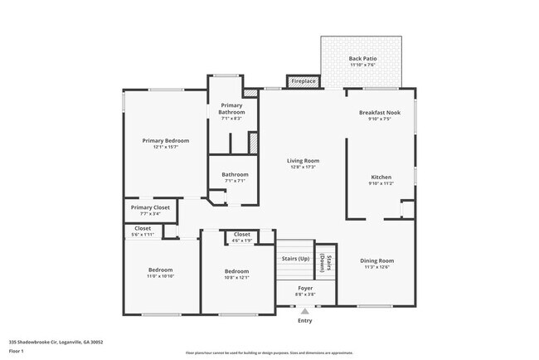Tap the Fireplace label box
[x=303, y=80]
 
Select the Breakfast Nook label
[x=380, y=112]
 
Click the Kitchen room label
[x=381, y=177]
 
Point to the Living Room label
[x=303, y=161]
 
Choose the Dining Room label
[x=377, y=260]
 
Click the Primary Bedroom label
[x=165, y=141]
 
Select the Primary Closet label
[x=150, y=207]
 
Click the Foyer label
[x=304, y=288]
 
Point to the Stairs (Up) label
[x=295, y=259]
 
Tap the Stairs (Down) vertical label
[x=326, y=263]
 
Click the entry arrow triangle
[x=304, y=309]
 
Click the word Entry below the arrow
[x=304, y=320]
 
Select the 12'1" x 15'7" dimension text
[x=165, y=148]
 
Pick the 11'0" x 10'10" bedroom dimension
[x=160, y=277]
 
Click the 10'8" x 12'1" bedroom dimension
[x=236, y=277]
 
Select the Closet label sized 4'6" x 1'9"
[x=242, y=235]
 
